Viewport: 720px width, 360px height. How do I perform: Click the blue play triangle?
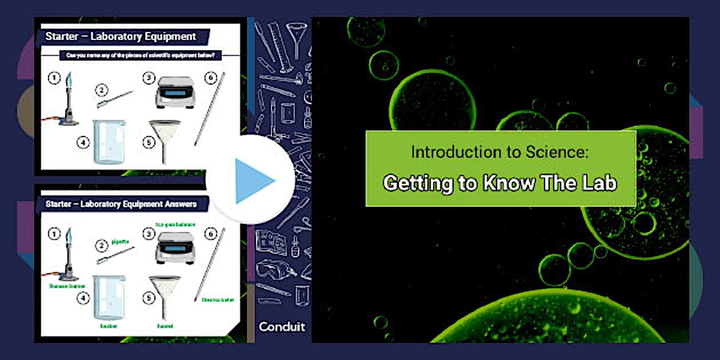pos(254,181)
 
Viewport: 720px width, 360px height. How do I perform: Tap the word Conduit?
pos(282,327)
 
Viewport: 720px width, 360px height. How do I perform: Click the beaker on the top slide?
pos(108,142)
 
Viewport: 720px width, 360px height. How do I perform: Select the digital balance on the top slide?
pos(175,91)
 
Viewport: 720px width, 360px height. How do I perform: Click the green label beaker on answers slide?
pos(109,326)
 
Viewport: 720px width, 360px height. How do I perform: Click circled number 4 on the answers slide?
pos(84,298)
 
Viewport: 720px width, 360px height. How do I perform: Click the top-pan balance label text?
pos(175,225)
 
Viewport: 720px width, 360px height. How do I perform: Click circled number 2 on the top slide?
pos(102,90)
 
